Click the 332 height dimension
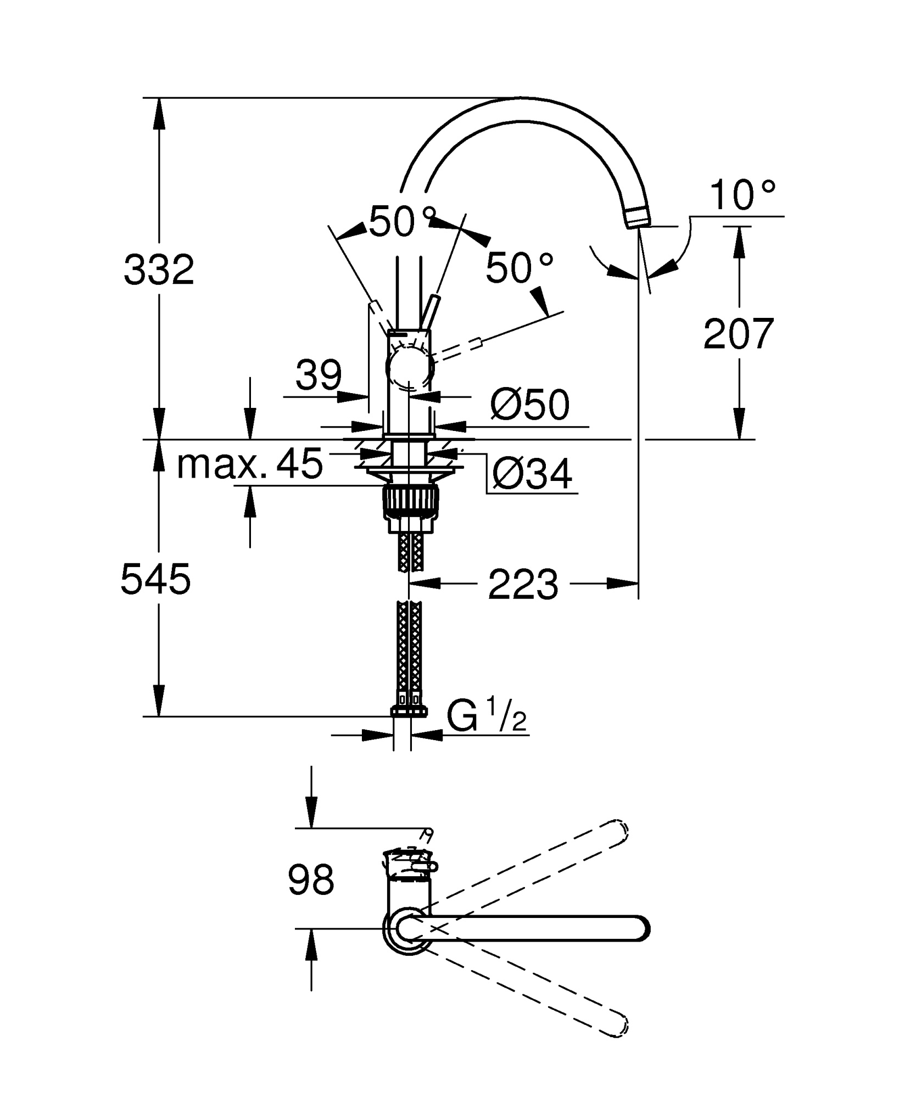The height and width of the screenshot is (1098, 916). tap(159, 270)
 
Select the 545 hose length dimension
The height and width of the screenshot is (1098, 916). tap(156, 580)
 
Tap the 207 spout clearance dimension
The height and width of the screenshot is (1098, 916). tap(739, 334)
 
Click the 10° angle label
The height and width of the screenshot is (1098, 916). tap(742, 195)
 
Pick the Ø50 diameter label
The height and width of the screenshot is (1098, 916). tap(529, 405)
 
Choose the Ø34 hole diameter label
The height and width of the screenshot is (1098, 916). tap(532, 474)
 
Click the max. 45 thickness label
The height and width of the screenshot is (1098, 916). tap(250, 463)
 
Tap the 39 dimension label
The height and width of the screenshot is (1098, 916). tap(319, 376)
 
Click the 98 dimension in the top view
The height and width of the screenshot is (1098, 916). tap(311, 879)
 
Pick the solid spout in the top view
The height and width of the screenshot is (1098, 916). tap(527, 928)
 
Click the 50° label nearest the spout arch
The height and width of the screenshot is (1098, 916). tap(402, 222)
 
